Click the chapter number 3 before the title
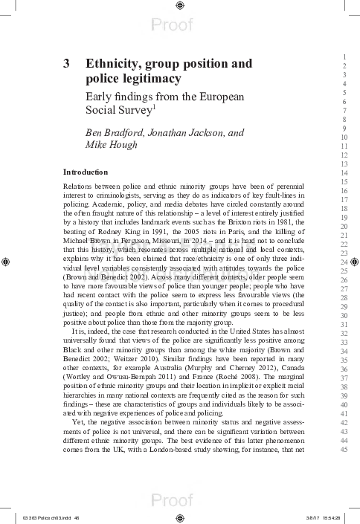pos(67,64)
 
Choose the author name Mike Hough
pos(112,145)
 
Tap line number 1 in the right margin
pos(344,57)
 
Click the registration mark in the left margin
pos(6,262)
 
